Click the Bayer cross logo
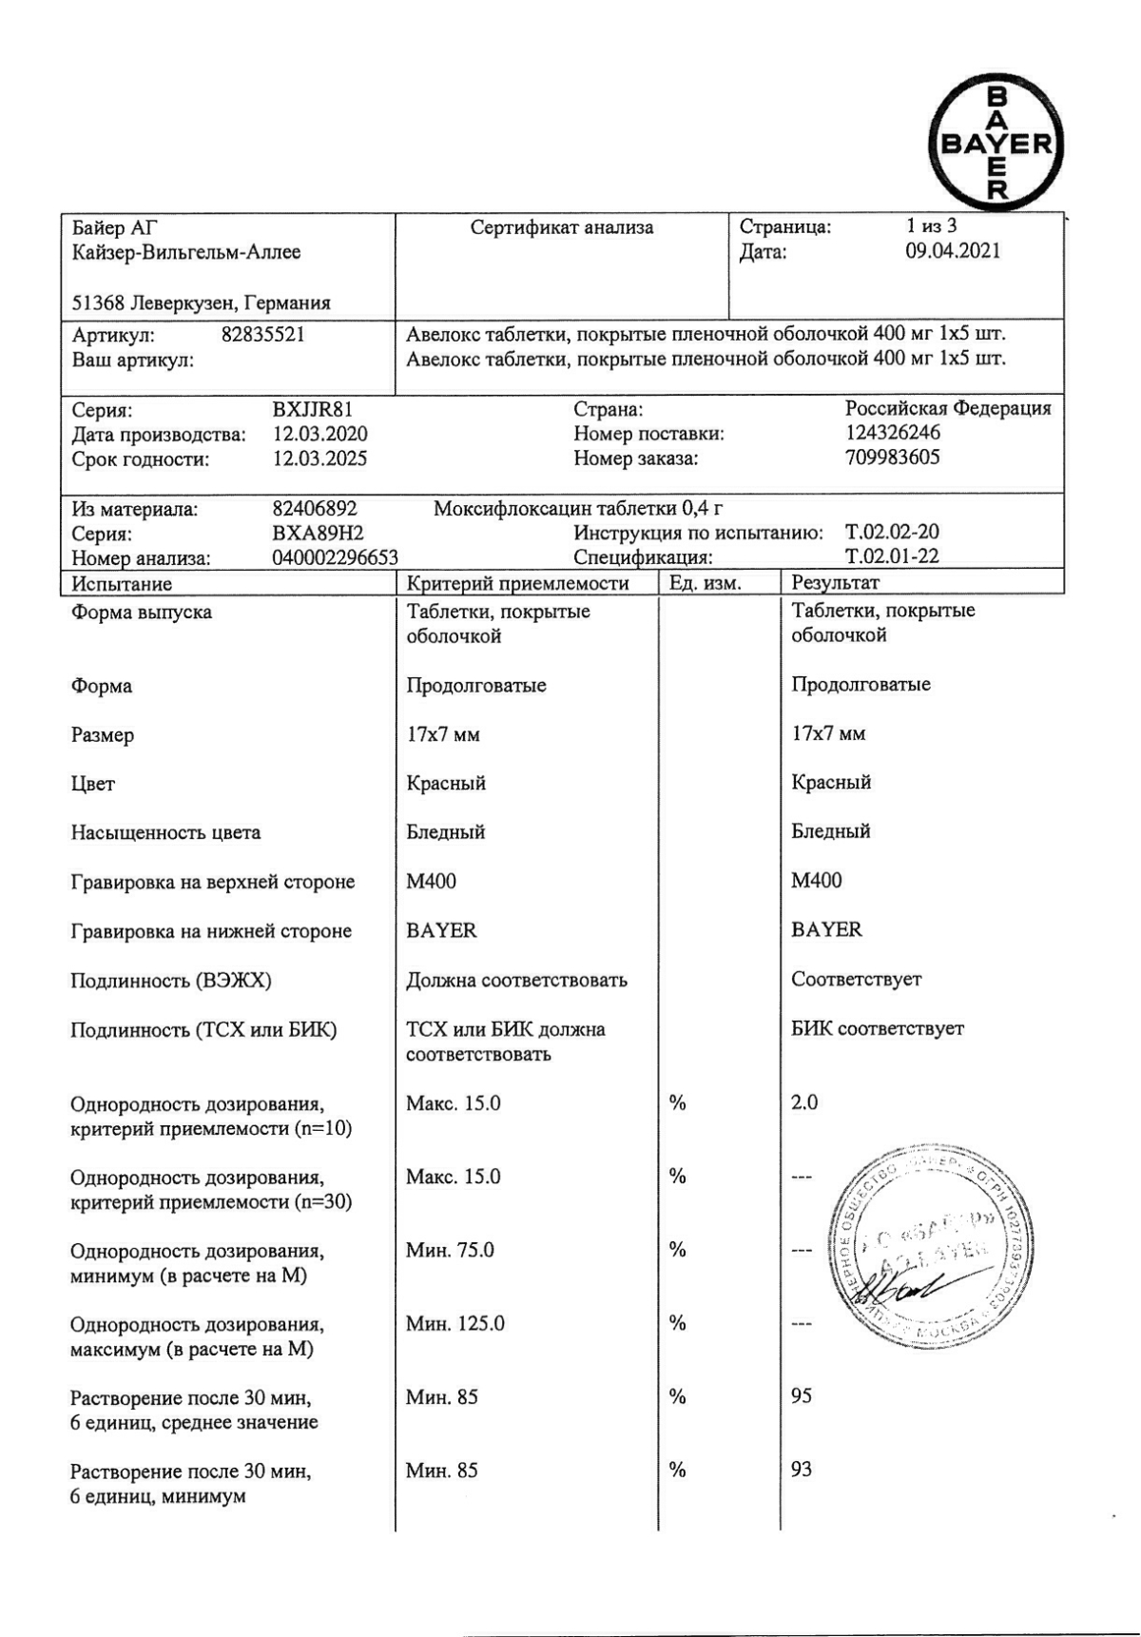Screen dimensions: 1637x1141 (x=996, y=144)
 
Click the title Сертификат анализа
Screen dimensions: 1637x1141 (x=562, y=228)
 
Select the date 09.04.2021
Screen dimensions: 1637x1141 (x=952, y=252)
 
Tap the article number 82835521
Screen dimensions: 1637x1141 (x=262, y=335)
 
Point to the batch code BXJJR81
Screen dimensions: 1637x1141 (x=312, y=410)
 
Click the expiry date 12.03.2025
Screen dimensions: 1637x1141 (x=319, y=459)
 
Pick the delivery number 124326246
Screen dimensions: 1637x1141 (x=892, y=434)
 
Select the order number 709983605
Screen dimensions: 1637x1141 (x=892, y=458)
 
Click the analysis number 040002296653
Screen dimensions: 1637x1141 (x=335, y=558)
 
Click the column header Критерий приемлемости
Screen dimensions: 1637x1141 (x=517, y=583)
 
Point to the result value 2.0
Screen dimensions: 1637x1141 (x=804, y=1103)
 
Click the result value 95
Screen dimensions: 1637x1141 (x=802, y=1396)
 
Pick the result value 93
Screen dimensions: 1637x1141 (x=802, y=1470)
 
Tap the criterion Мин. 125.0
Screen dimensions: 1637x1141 (x=454, y=1324)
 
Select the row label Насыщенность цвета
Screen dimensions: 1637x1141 (x=165, y=833)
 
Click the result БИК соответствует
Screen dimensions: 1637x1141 (x=877, y=1029)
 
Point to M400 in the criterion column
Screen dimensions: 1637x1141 (x=431, y=882)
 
